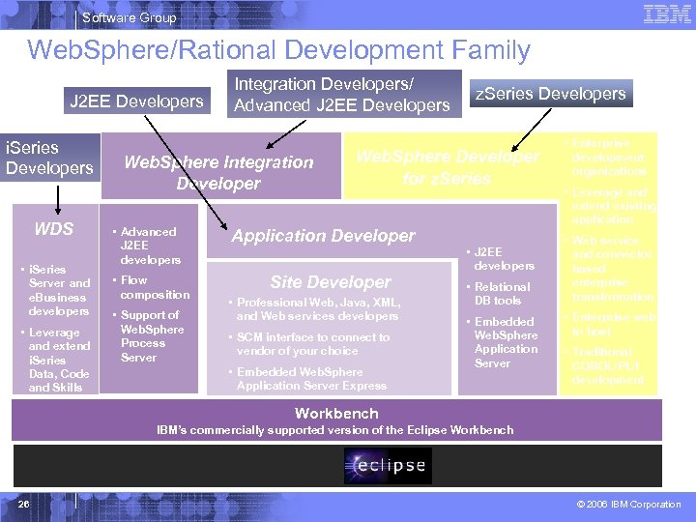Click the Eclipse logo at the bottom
(385, 466)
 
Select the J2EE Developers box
(136, 101)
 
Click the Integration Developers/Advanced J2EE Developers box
(342, 95)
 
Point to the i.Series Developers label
(49, 158)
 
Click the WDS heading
(53, 229)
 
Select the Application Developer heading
(323, 236)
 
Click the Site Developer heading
(331, 282)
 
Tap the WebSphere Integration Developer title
(218, 172)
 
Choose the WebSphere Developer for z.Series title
(448, 167)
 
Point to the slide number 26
(24, 504)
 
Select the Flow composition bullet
(155, 288)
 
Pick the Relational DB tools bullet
(502, 294)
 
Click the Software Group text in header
(130, 17)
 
